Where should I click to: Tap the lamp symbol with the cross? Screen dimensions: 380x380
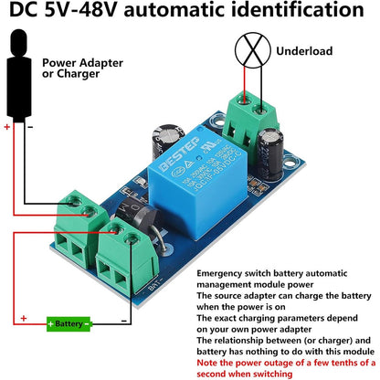[x=248, y=50]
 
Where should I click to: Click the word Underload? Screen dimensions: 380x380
[x=304, y=51]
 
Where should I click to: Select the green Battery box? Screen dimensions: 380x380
[x=69, y=322]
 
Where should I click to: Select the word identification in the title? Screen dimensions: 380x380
[x=296, y=13]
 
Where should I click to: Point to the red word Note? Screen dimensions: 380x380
[x=213, y=362]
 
